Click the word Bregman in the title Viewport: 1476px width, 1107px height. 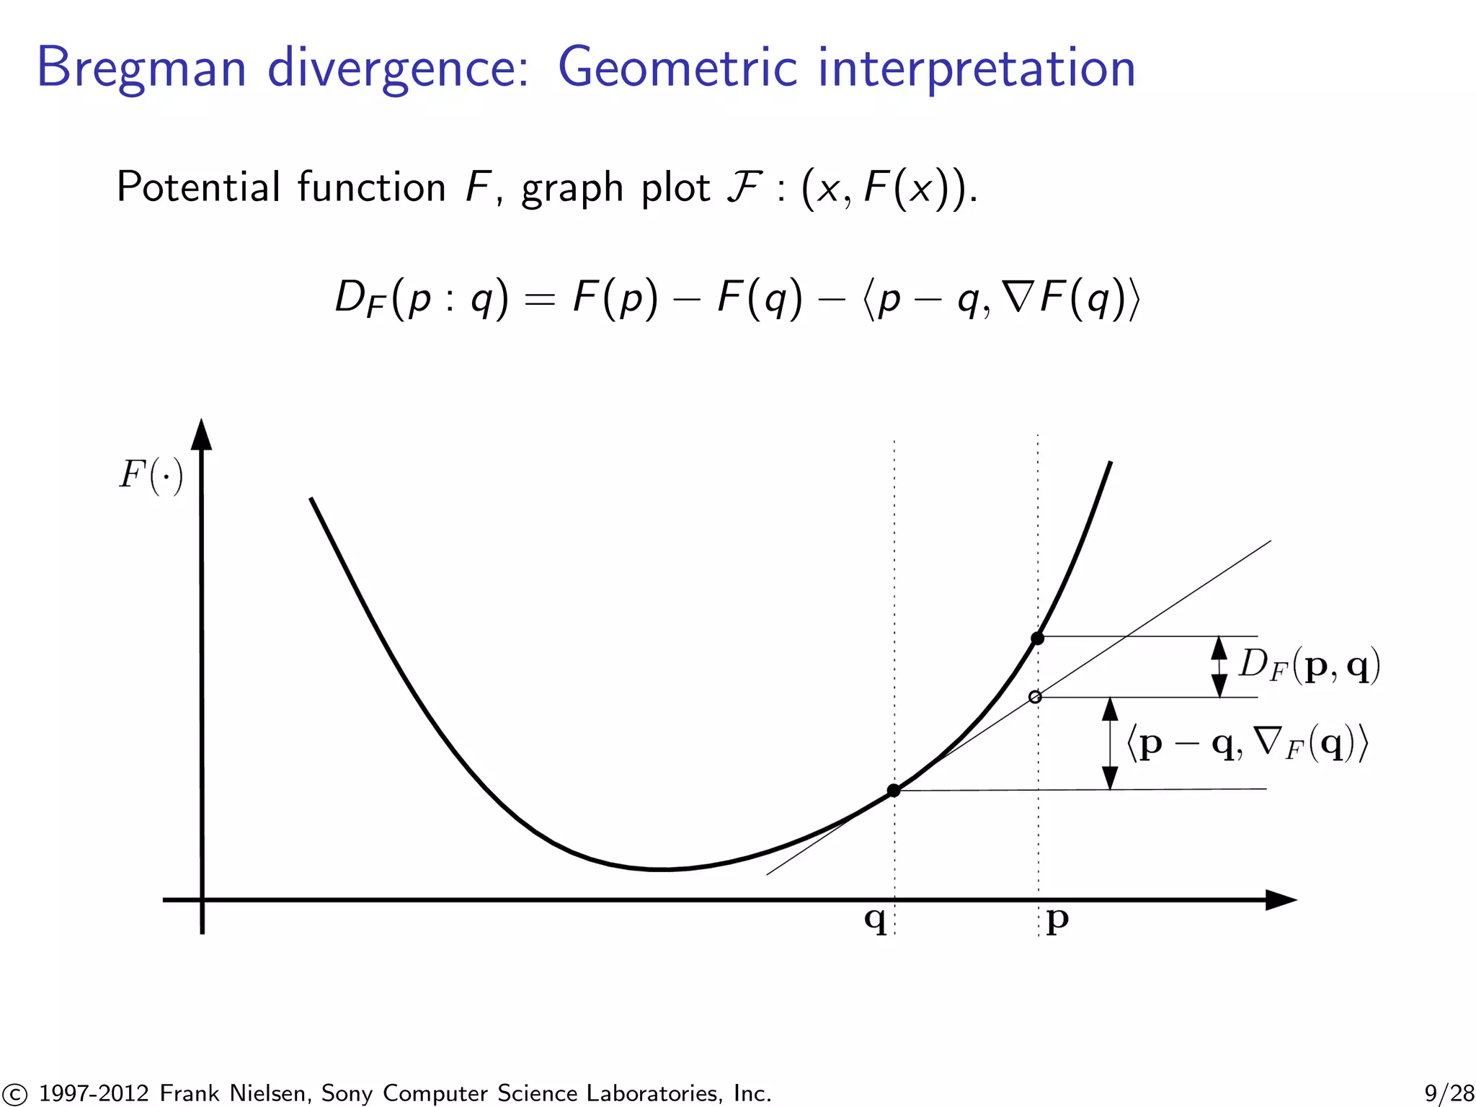(141, 68)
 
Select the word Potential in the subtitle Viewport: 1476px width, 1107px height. (198, 187)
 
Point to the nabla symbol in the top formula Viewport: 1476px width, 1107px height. (1018, 296)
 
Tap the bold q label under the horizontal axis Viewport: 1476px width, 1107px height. (875, 919)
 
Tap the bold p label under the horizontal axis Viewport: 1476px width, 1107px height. (1057, 920)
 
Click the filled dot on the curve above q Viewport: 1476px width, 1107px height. (894, 791)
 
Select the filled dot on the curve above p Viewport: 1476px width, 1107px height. (1037, 638)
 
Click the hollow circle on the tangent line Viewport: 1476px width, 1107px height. (1035, 697)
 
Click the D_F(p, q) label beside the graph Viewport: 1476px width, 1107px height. (1309, 664)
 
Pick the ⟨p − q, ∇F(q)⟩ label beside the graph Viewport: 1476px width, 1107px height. (1247, 743)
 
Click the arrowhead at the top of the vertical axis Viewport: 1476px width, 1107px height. (203, 435)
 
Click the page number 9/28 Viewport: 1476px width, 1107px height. (1449, 1093)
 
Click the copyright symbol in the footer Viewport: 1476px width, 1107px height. (14, 1094)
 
